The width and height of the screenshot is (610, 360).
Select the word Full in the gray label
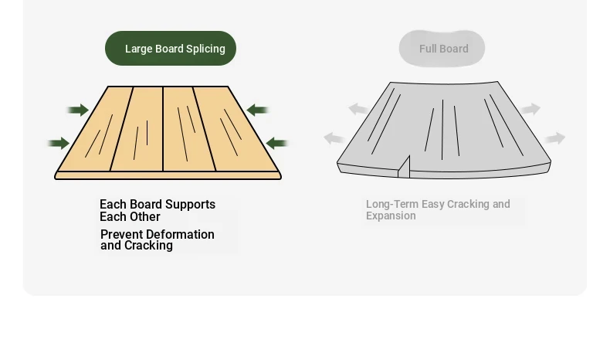coord(428,49)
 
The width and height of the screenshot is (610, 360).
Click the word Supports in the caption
coord(190,205)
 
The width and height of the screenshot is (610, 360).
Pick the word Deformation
coord(181,234)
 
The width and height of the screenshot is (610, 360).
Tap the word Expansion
coord(391,216)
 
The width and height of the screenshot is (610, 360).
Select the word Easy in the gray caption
coord(433,204)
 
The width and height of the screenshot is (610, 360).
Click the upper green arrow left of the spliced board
coord(78,110)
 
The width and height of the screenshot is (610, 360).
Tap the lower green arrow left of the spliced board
coord(59,143)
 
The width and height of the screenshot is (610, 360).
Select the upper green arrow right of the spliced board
coord(258,110)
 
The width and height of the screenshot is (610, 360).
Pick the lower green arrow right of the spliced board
coord(277,143)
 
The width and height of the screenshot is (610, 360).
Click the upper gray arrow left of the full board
coord(358,109)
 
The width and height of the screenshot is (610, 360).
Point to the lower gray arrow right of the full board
coord(555,138)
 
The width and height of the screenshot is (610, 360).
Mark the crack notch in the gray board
coord(404,167)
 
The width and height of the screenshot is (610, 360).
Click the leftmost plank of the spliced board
coord(95,129)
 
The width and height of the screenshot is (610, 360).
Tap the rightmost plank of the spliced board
coord(236,129)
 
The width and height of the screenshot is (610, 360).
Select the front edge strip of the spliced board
coord(168,175)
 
